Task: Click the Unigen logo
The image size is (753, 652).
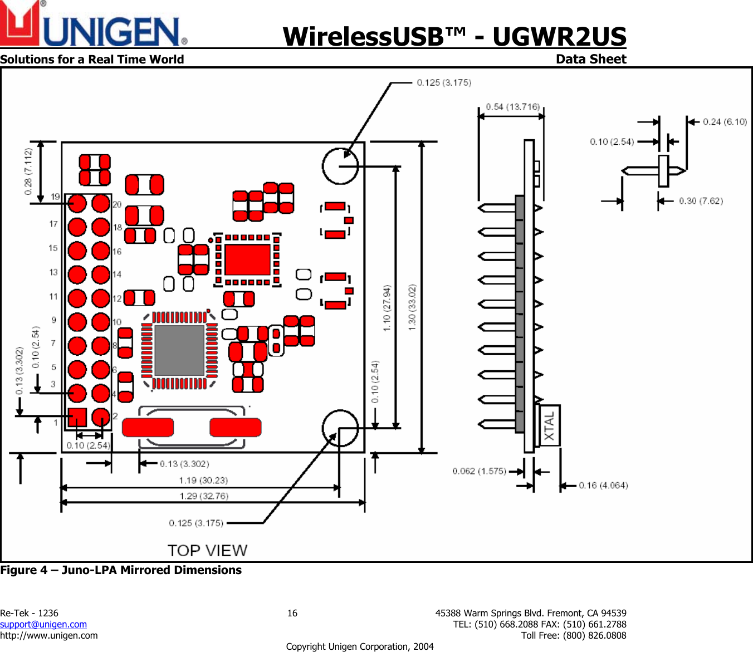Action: (94, 25)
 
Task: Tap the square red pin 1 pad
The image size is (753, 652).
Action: (77, 417)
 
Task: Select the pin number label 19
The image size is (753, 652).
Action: (55, 197)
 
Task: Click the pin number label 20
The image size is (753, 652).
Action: (117, 204)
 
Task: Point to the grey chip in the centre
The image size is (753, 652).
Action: (179, 350)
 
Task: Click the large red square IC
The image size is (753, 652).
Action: (247, 259)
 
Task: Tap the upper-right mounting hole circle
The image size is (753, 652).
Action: (340, 166)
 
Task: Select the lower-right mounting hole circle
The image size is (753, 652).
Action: (340, 428)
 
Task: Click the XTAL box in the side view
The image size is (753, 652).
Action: (550, 426)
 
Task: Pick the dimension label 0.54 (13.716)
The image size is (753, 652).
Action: (512, 107)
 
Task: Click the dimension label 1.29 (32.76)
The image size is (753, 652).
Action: (204, 496)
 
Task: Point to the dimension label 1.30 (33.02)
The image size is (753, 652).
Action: (412, 307)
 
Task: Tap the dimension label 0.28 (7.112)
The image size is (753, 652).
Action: (28, 171)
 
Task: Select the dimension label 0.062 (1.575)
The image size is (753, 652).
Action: (479, 471)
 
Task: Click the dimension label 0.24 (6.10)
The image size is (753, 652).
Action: (725, 122)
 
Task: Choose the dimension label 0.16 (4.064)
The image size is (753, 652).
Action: (603, 486)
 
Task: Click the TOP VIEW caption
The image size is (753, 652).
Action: (207, 551)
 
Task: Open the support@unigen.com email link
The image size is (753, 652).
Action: (43, 625)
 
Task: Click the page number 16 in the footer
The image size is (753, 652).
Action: (292, 614)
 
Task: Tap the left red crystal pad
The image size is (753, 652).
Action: (148, 428)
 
